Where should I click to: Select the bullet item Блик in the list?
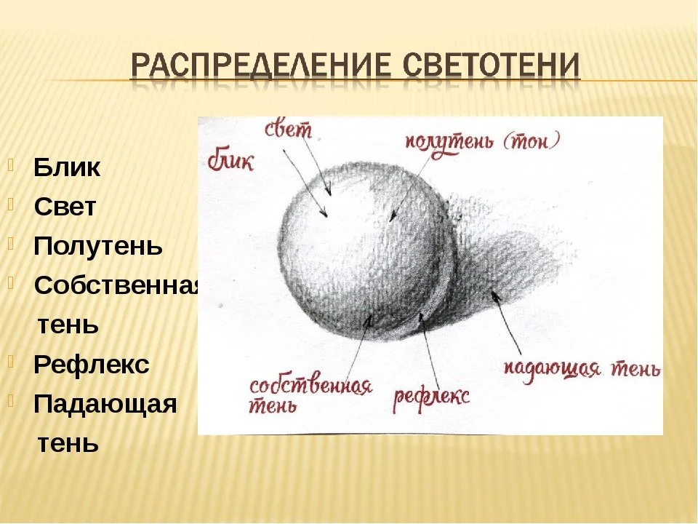(x=67, y=167)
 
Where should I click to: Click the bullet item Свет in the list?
(x=65, y=207)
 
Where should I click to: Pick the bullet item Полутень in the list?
(x=98, y=247)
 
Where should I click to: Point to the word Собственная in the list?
(x=116, y=285)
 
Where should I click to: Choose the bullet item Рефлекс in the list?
(x=92, y=365)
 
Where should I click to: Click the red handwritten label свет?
(x=289, y=130)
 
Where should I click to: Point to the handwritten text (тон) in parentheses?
(x=531, y=140)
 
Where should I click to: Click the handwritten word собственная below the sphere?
(x=310, y=386)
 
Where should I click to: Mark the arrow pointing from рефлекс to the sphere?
(x=428, y=351)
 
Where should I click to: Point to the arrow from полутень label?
(x=410, y=188)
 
